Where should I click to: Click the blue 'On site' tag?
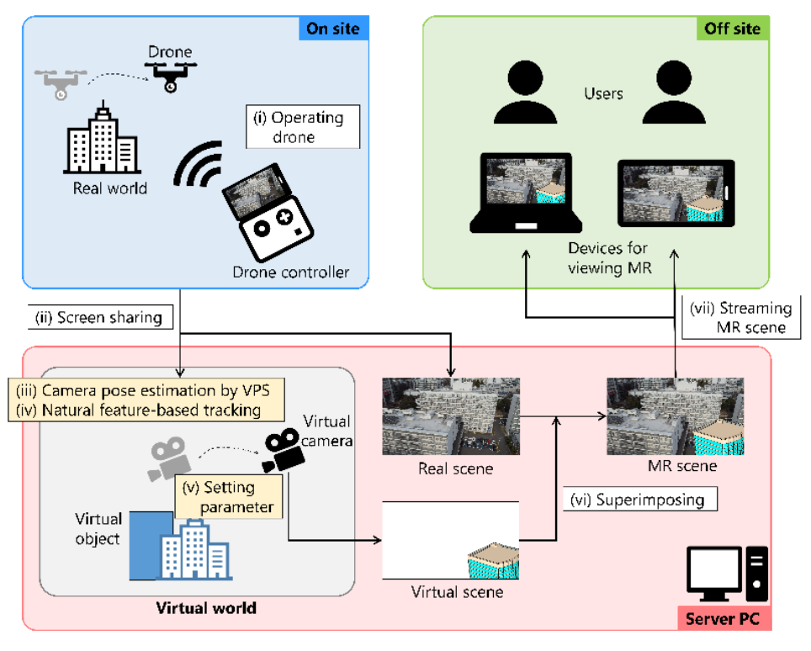coord(332,29)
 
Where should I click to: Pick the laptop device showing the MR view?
coord(527,193)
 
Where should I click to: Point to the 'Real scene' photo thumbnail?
coord(450,415)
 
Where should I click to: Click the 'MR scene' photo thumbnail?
coord(676,415)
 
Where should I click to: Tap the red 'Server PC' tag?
coord(724,621)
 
